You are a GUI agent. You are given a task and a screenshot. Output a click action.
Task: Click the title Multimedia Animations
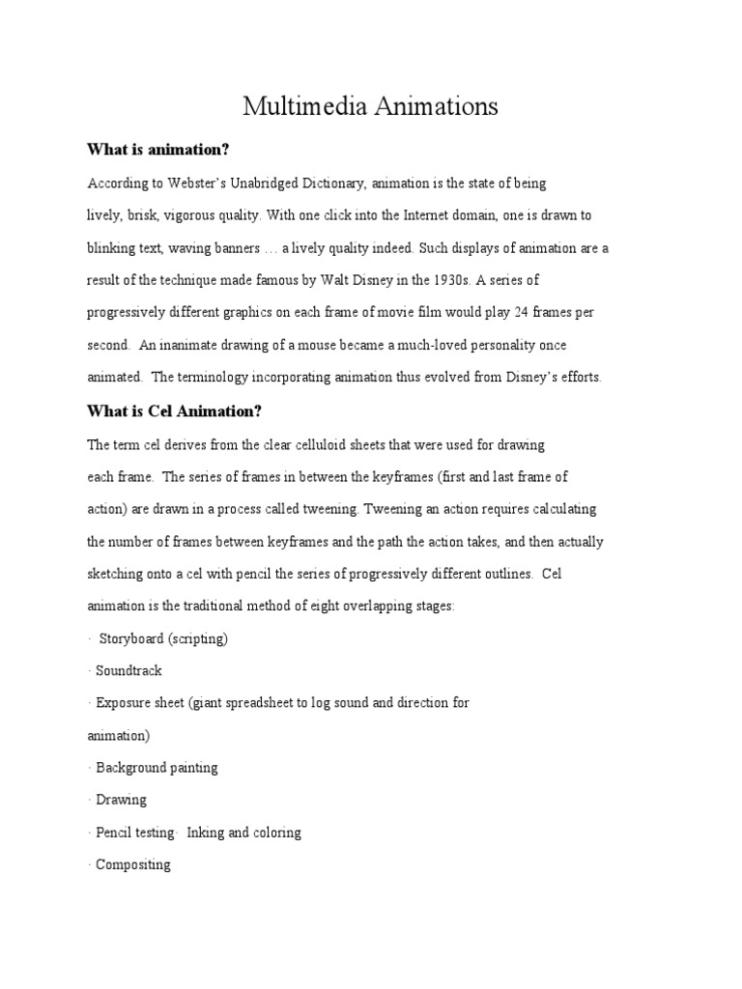pos(370,106)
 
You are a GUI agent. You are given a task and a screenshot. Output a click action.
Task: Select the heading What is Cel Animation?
pos(175,410)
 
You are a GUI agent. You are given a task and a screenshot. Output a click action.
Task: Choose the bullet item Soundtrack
pos(128,670)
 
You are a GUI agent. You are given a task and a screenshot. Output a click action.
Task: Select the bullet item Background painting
pos(157,768)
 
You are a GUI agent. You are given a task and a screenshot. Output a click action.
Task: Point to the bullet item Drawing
pos(121,800)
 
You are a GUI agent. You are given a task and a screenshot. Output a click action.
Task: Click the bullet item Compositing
pos(133,864)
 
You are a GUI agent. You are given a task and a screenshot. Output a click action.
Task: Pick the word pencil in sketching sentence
pos(251,574)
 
